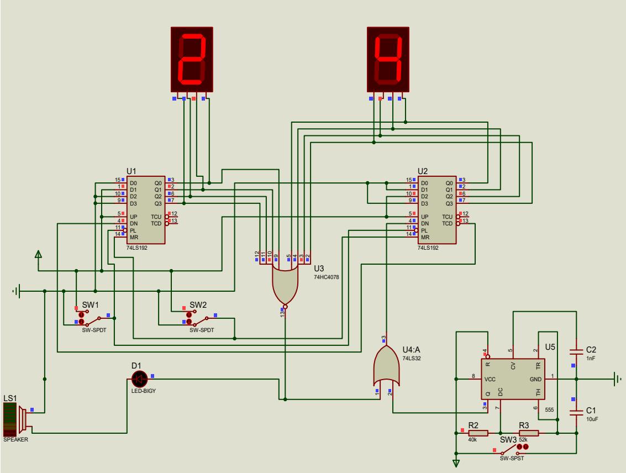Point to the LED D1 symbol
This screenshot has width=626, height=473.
(139, 379)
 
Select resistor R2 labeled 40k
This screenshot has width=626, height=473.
(478, 433)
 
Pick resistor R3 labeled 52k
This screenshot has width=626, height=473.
(529, 433)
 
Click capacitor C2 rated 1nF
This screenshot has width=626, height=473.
(576, 350)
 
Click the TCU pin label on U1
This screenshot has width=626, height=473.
(157, 216)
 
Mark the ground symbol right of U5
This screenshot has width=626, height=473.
(617, 379)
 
